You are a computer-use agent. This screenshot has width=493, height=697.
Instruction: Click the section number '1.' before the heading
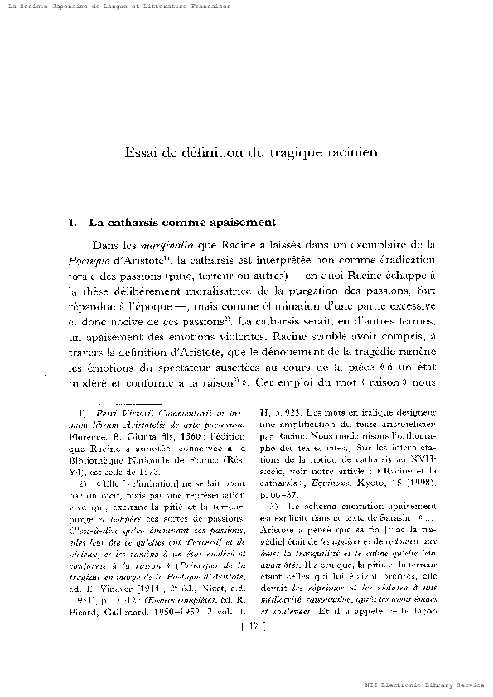tap(72, 223)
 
